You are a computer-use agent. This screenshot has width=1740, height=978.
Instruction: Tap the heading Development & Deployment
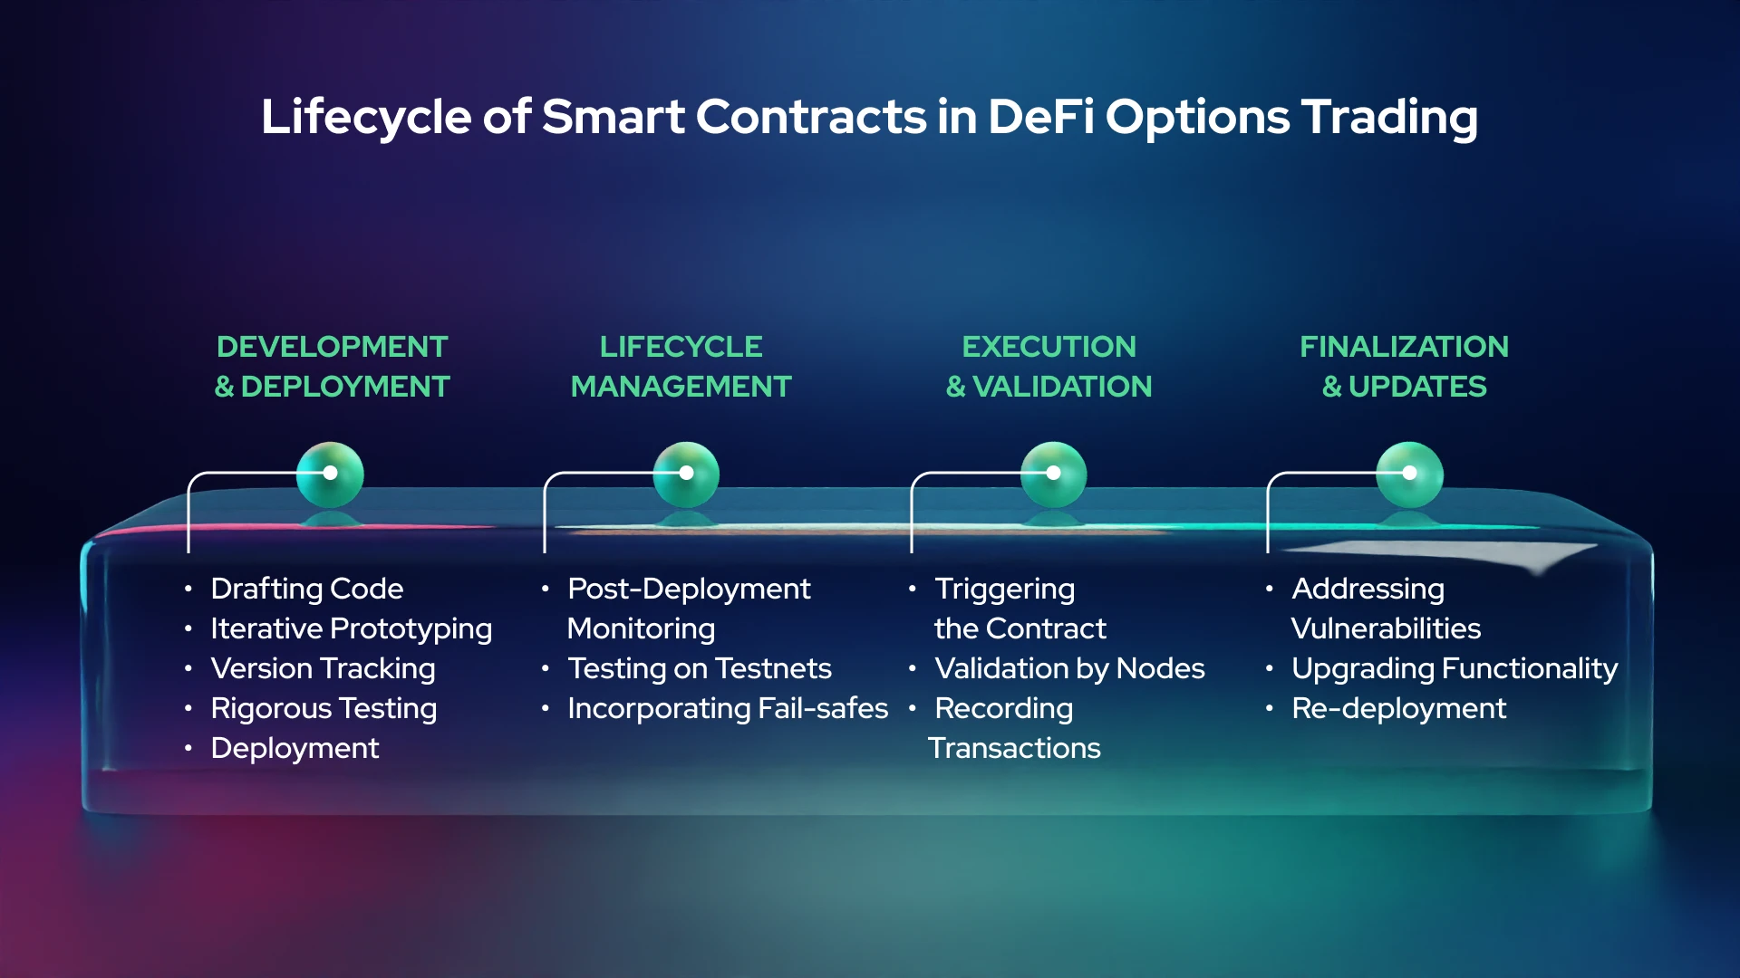332,367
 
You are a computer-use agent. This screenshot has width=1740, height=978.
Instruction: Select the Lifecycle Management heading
681,367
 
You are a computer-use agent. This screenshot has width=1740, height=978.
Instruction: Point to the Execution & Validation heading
1049,367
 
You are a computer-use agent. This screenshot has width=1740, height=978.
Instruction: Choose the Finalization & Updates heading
1404,367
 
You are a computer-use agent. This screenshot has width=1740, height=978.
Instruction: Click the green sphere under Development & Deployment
330,475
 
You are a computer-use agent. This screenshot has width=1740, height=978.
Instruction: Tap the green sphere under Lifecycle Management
686,475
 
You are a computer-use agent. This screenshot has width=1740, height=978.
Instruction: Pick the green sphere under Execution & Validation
1053,475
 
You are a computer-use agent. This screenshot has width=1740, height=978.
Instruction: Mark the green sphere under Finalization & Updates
1409,475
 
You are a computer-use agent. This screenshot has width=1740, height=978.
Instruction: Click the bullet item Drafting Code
306,589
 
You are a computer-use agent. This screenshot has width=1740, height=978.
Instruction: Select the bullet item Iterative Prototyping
351,628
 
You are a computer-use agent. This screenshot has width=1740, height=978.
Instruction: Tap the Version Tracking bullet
323,668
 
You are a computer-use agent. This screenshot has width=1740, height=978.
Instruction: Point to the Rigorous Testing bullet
324,708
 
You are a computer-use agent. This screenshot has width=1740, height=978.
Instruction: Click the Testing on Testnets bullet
699,668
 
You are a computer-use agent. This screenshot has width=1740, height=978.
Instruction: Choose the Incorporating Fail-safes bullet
727,708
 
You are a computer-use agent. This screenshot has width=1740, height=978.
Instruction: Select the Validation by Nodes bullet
1069,668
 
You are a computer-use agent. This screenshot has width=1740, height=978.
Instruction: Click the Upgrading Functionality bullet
1454,668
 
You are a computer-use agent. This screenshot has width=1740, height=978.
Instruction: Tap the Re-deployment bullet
1398,708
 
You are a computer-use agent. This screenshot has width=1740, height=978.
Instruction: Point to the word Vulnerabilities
1386,628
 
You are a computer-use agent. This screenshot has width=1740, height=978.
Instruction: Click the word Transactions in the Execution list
1014,748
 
